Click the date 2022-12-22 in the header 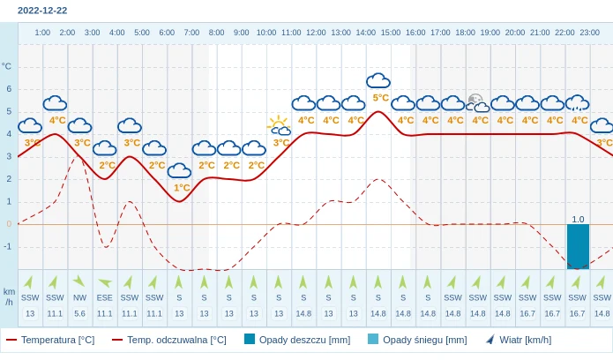point(42,11)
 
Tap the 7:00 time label point(191,33)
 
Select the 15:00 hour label point(390,33)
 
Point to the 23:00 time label point(589,33)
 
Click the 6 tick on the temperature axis point(9,88)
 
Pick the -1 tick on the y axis point(8,246)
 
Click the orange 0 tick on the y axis point(9,223)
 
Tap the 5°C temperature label point(380,98)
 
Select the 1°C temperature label point(182,187)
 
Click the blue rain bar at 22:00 point(578,246)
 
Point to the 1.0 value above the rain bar point(578,219)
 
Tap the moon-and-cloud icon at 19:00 point(478,103)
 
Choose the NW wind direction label point(79,297)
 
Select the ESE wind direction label point(104,297)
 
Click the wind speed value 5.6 point(79,313)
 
